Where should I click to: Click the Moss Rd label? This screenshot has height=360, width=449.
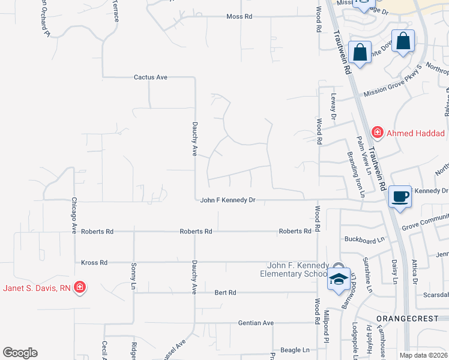click(x=239, y=17)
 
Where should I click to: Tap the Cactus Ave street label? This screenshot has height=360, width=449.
click(x=150, y=77)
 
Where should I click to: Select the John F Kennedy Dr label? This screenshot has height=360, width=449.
click(x=228, y=200)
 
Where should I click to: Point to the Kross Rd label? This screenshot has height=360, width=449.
click(x=94, y=263)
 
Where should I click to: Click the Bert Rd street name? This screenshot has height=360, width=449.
click(x=226, y=293)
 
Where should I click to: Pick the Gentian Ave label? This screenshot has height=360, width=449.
click(x=256, y=323)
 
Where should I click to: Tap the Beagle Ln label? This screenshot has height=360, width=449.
click(x=294, y=350)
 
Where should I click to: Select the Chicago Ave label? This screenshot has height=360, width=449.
click(x=75, y=215)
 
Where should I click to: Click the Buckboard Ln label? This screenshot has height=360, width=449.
click(x=364, y=239)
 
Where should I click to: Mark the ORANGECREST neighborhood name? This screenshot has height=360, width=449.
click(x=411, y=318)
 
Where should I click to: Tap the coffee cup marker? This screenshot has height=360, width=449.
click(x=400, y=196)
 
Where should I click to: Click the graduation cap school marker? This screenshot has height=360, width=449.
click(x=339, y=278)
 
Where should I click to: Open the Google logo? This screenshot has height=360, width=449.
click(x=20, y=353)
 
